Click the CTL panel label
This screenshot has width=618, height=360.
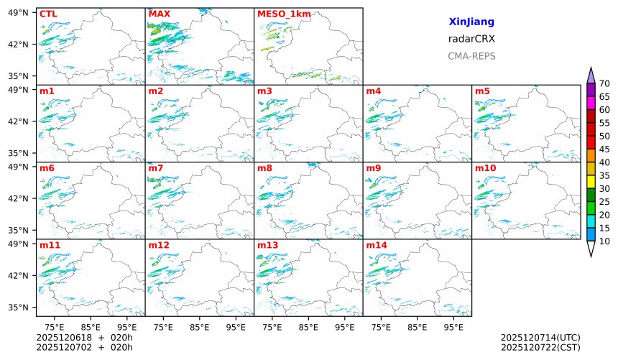pyautogui.click(x=48, y=14)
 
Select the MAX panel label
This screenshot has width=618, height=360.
pyautogui.click(x=159, y=14)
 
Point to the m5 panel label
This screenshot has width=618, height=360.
pyautogui.click(x=482, y=91)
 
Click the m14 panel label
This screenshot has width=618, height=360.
pyautogui.click(x=377, y=246)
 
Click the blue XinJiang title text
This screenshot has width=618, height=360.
pyautogui.click(x=471, y=22)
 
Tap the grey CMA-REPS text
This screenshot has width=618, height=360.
pyautogui.click(x=471, y=56)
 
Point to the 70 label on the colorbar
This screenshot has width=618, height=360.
pyautogui.click(x=604, y=83)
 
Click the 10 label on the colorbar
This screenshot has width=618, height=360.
pyautogui.click(x=604, y=241)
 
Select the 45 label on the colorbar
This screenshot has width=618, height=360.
pyautogui.click(x=604, y=149)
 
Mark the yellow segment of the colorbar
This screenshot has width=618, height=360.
pyautogui.click(x=591, y=182)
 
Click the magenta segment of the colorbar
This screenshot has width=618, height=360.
pyautogui.click(x=591, y=103)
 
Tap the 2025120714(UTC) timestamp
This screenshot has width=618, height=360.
pyautogui.click(x=540, y=337)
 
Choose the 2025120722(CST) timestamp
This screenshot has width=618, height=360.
pyautogui.click(x=540, y=347)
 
